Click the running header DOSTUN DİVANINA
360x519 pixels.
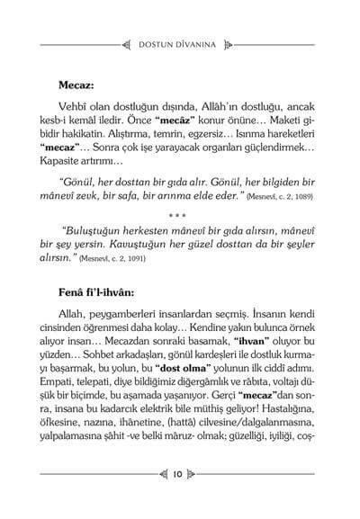tap(180, 40)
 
